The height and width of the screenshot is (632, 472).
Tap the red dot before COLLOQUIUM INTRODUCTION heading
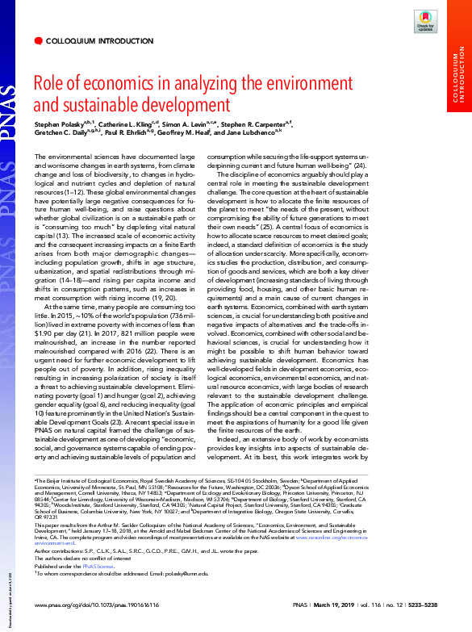point(38,40)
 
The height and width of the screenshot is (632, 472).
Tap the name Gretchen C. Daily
point(61,136)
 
